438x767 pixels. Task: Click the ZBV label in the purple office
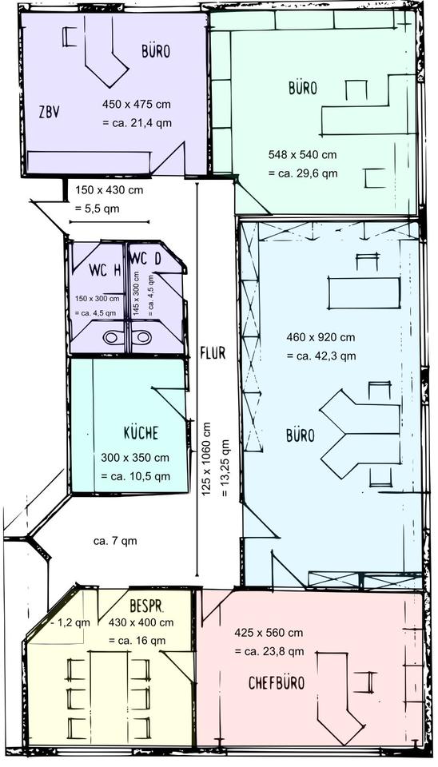(50, 111)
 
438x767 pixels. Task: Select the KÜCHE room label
(141, 433)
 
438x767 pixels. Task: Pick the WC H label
(105, 270)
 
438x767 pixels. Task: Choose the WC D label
(145, 259)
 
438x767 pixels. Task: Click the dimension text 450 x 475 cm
(136, 105)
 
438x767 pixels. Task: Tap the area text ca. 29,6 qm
(302, 173)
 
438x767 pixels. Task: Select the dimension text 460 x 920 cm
(321, 337)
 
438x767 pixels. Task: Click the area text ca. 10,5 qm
(135, 476)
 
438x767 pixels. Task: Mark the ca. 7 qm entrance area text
(115, 541)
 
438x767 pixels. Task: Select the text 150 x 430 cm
(109, 190)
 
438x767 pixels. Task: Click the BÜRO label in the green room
(304, 88)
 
